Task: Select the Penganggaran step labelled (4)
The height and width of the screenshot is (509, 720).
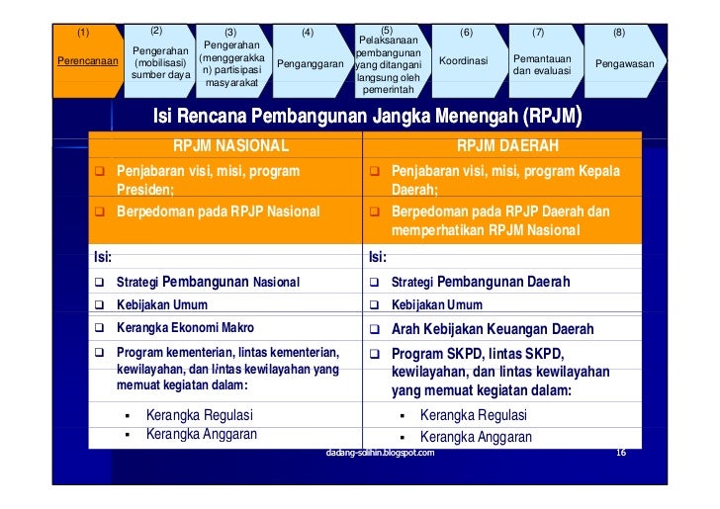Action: [x=309, y=63]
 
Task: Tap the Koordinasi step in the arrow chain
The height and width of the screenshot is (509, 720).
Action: [x=464, y=61]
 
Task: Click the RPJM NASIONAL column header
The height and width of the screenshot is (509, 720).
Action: [x=229, y=146]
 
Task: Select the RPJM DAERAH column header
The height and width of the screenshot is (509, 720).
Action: [x=507, y=146]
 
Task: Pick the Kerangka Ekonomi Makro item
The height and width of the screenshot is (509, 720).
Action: [x=184, y=328]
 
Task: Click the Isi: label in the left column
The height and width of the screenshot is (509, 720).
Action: [x=102, y=257]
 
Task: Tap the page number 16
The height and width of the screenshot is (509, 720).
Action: [x=621, y=452]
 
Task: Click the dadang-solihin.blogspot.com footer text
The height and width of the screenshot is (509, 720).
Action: [x=380, y=452]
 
